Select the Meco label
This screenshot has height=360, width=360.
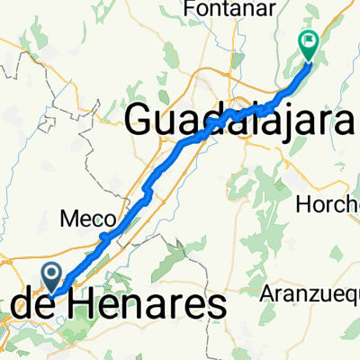coord(87,220)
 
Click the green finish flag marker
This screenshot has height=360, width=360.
coord(309,41)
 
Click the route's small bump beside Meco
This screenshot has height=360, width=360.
coord(105,237)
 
